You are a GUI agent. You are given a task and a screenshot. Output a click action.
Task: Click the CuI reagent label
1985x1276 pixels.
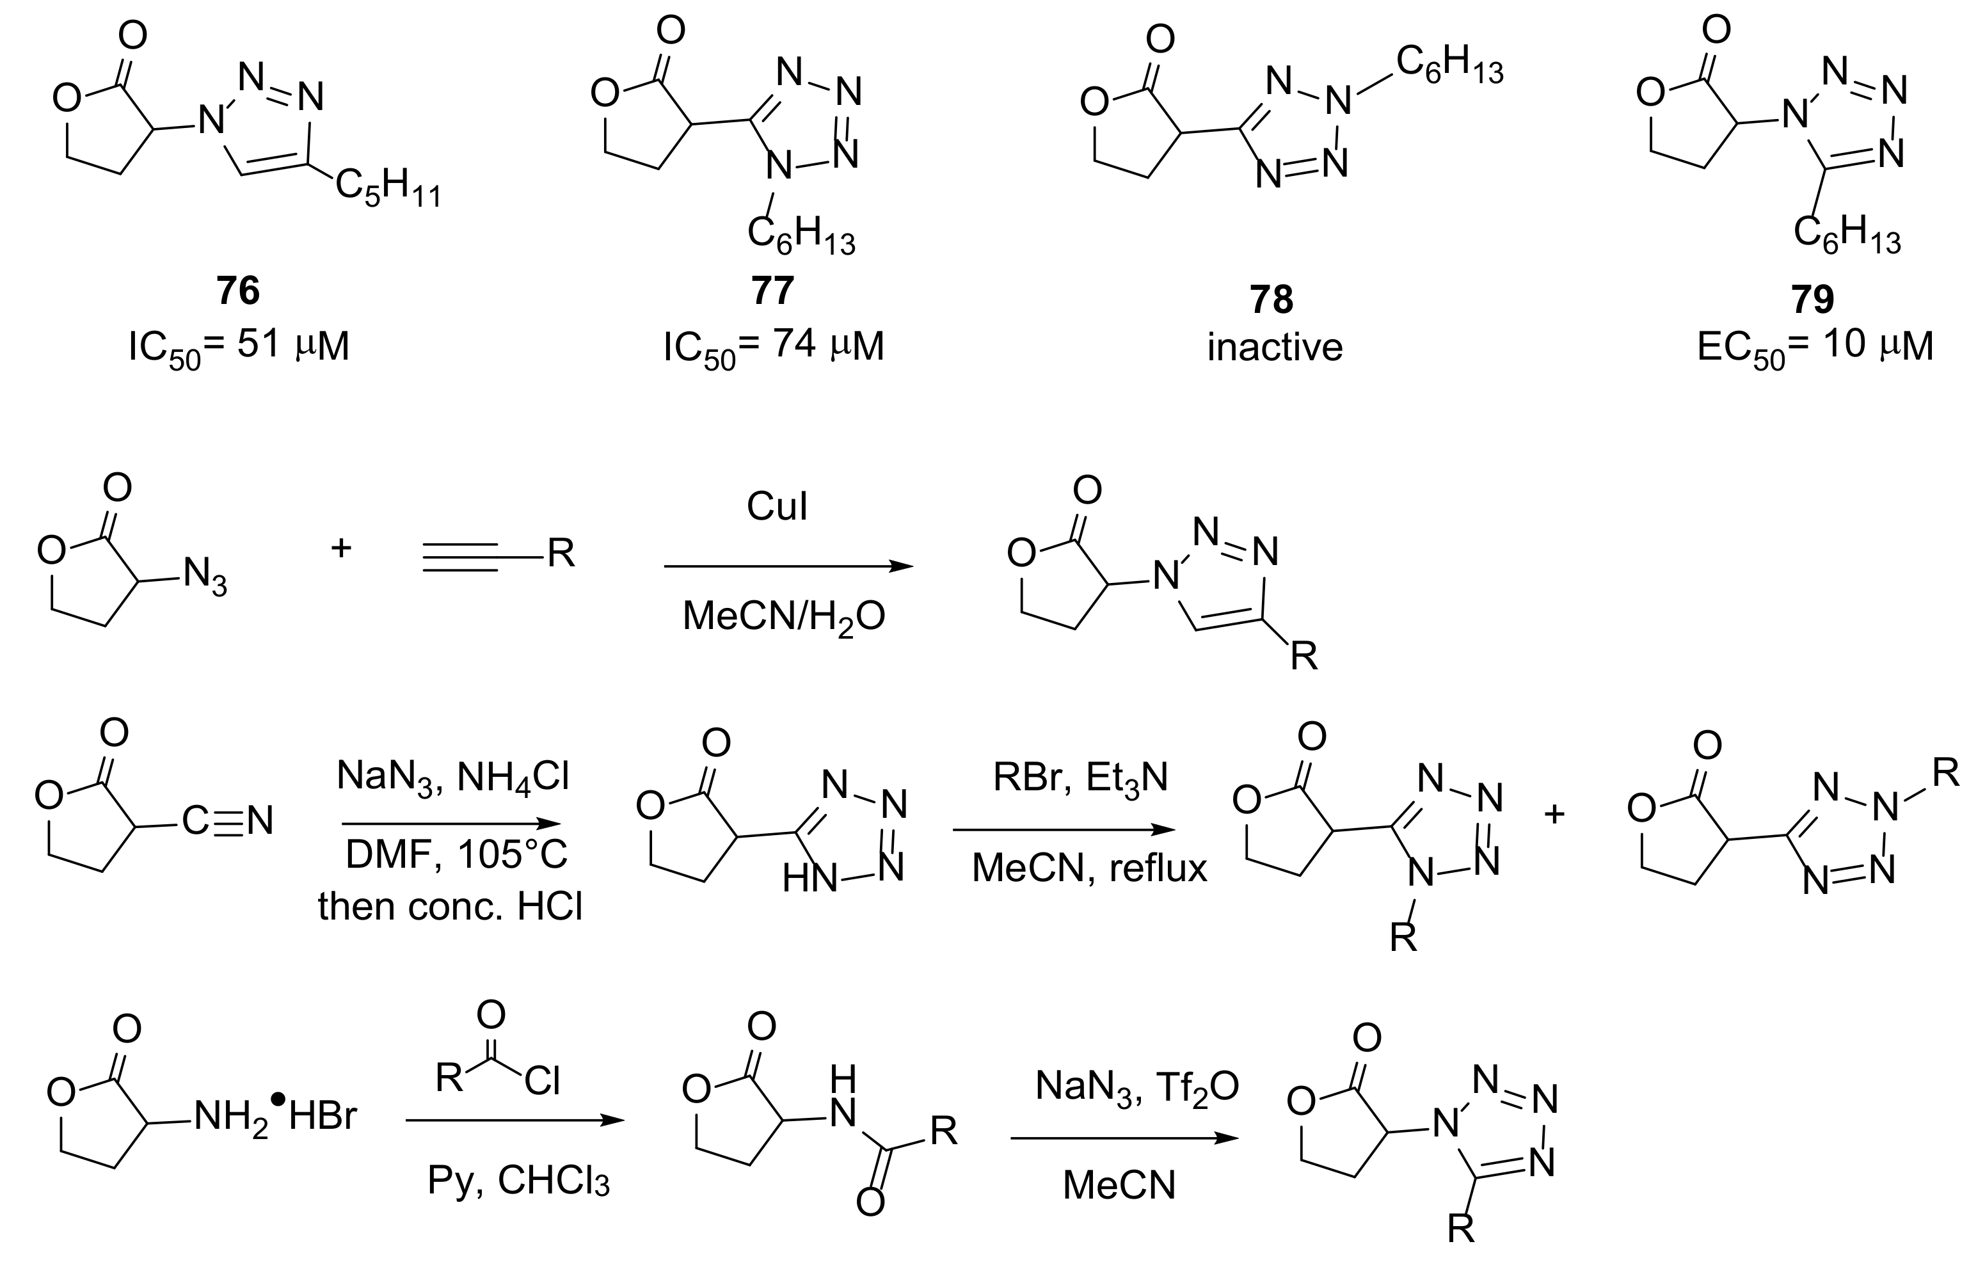coord(776,506)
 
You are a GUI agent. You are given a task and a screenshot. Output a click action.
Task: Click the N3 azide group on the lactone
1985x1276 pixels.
coord(205,577)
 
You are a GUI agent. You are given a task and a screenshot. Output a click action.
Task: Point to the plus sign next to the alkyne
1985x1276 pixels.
coord(341,548)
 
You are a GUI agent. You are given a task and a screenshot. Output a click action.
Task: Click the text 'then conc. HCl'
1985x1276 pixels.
coord(450,907)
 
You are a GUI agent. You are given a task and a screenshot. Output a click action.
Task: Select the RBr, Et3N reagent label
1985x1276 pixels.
coord(1080,779)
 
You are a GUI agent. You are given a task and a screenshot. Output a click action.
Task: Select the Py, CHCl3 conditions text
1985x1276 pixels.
coord(518,1181)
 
